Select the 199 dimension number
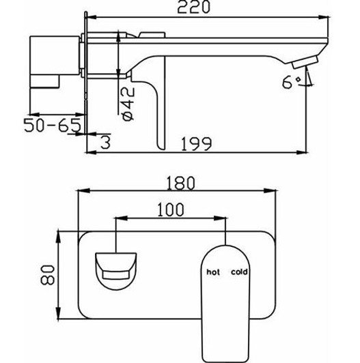tap(197, 144)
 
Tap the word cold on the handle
tap(239, 271)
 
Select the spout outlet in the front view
tap(115, 267)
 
